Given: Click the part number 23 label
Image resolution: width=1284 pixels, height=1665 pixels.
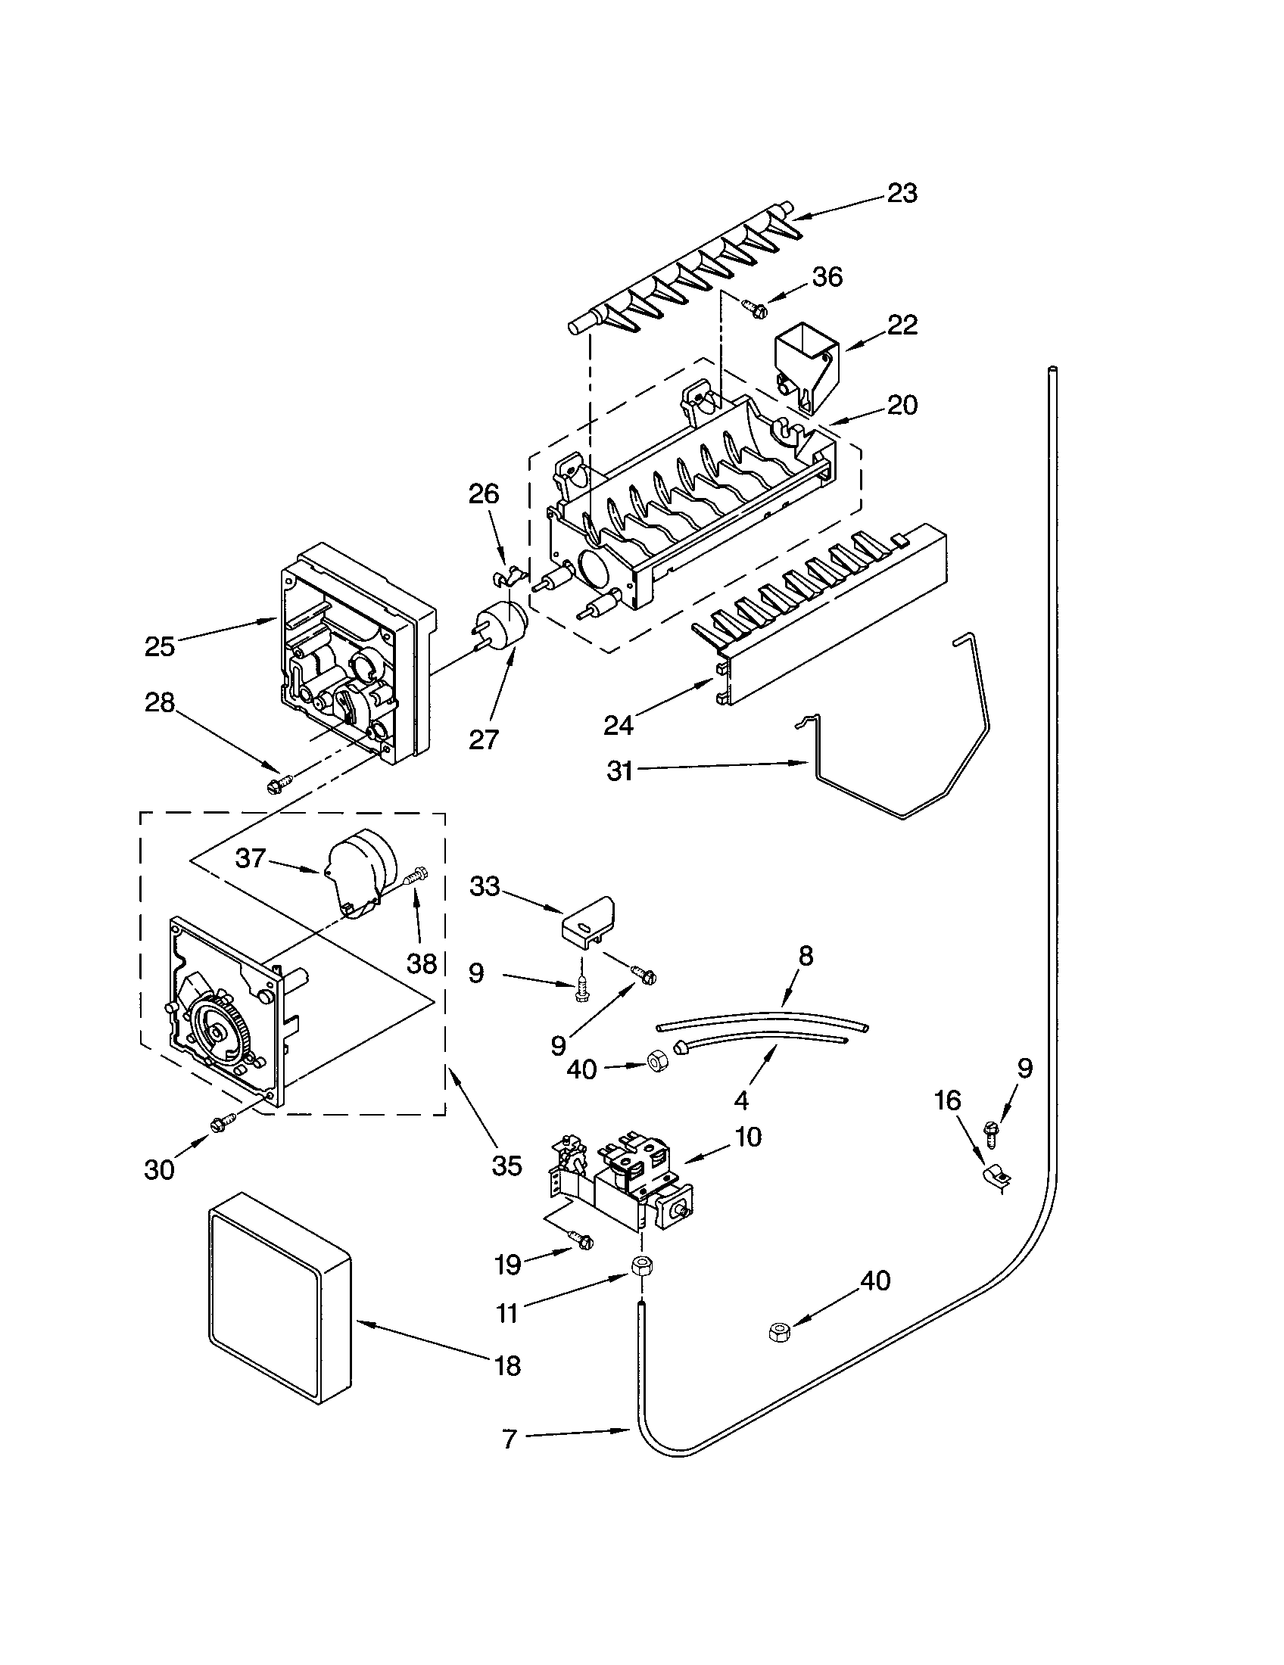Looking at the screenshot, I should pos(902,194).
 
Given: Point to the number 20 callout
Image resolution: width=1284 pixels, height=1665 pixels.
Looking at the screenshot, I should pos(902,405).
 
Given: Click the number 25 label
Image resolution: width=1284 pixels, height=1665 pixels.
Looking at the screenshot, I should pos(160,646).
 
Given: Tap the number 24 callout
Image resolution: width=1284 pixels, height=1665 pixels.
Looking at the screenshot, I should pos(619,725).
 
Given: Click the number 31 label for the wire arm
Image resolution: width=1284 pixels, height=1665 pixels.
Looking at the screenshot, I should pos(620,770).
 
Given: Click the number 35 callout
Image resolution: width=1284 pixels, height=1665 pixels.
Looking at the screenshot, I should pos(506,1165).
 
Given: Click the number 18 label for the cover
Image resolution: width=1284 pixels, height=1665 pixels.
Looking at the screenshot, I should pos(507,1365).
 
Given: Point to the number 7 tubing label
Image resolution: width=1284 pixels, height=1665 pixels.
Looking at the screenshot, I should pos(510,1439).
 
